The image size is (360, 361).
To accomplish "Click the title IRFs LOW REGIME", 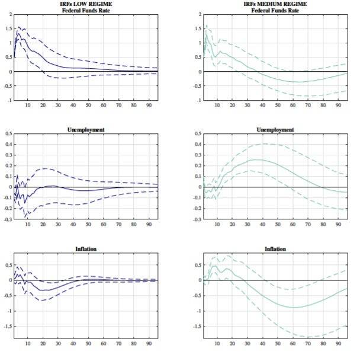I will pyautogui.click(x=88, y=4).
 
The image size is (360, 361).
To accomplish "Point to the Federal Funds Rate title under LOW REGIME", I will pyautogui.click(x=88, y=10).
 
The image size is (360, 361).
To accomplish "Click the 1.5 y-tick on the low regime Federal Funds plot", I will pyautogui.click(x=9, y=28).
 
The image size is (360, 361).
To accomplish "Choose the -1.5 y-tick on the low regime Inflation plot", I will pyautogui.click(x=7, y=327).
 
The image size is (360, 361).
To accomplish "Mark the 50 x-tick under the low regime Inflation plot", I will pyautogui.click(x=88, y=343).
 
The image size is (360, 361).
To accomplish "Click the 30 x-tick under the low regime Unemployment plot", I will pyautogui.click(x=58, y=225).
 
